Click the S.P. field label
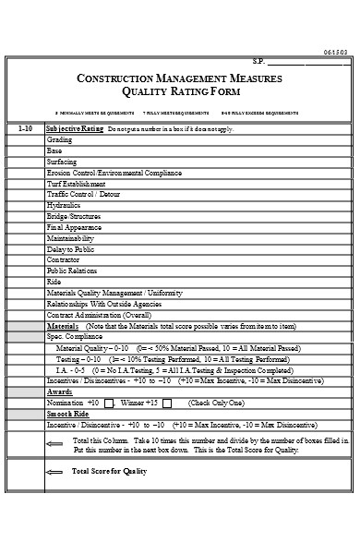pos(259,62)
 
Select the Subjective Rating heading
pos(75,128)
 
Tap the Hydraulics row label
pos(63,204)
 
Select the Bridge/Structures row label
pos(73,215)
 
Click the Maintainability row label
pos(70,237)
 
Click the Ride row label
pos(54,282)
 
